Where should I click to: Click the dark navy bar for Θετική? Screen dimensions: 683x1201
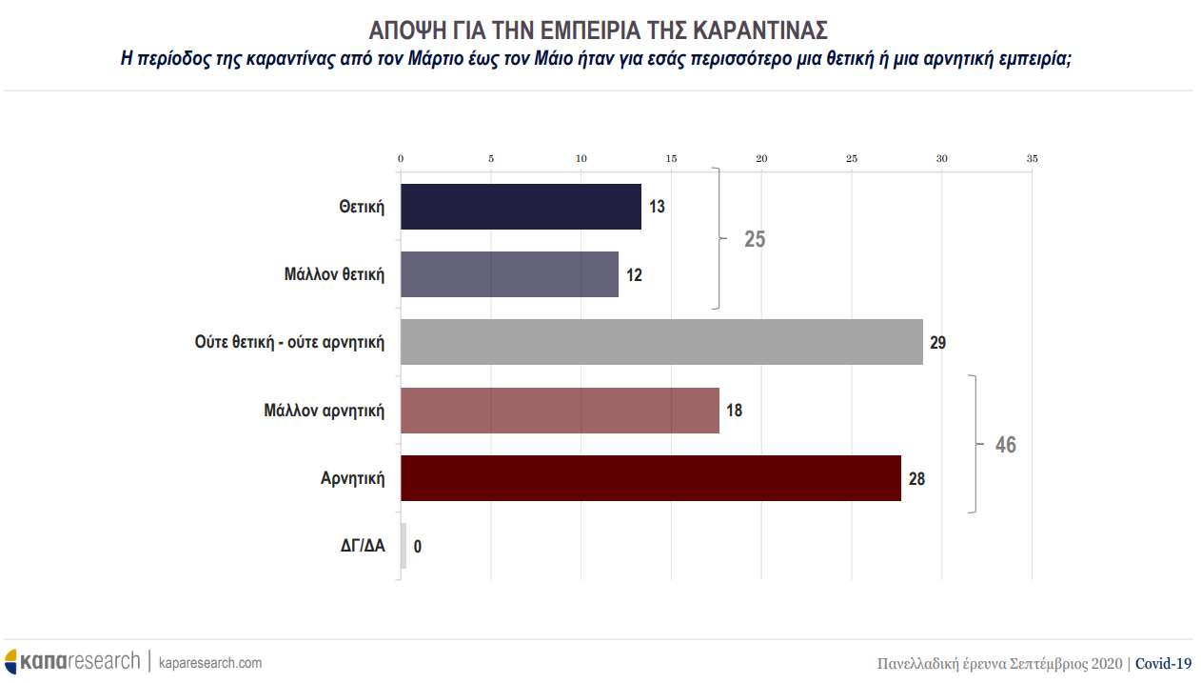pos(521,207)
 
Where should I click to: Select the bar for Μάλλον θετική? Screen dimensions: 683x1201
pos(509,274)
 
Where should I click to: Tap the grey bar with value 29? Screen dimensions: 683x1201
pos(661,342)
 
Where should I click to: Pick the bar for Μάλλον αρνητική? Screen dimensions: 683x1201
pos(560,411)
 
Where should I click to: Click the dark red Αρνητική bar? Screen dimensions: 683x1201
pos(650,478)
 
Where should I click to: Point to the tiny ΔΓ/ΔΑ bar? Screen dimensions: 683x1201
pos(404,546)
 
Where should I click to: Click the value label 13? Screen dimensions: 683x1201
pos(657,207)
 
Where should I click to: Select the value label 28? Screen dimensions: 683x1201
pos(916,478)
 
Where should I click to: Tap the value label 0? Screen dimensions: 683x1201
pos(418,547)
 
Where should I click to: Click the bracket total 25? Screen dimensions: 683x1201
pos(755,239)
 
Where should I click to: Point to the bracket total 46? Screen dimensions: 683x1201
pos(1005,445)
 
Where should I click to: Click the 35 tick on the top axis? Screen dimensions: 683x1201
pos(1032,158)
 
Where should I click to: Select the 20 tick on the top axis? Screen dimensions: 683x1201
pos(761,158)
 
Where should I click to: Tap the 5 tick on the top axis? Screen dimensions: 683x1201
pos(491,158)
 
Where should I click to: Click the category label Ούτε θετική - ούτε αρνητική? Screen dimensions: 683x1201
pos(289,342)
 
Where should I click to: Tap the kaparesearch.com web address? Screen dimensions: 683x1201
pos(210,662)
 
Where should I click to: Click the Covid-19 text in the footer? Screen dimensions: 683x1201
pos(1163,663)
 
